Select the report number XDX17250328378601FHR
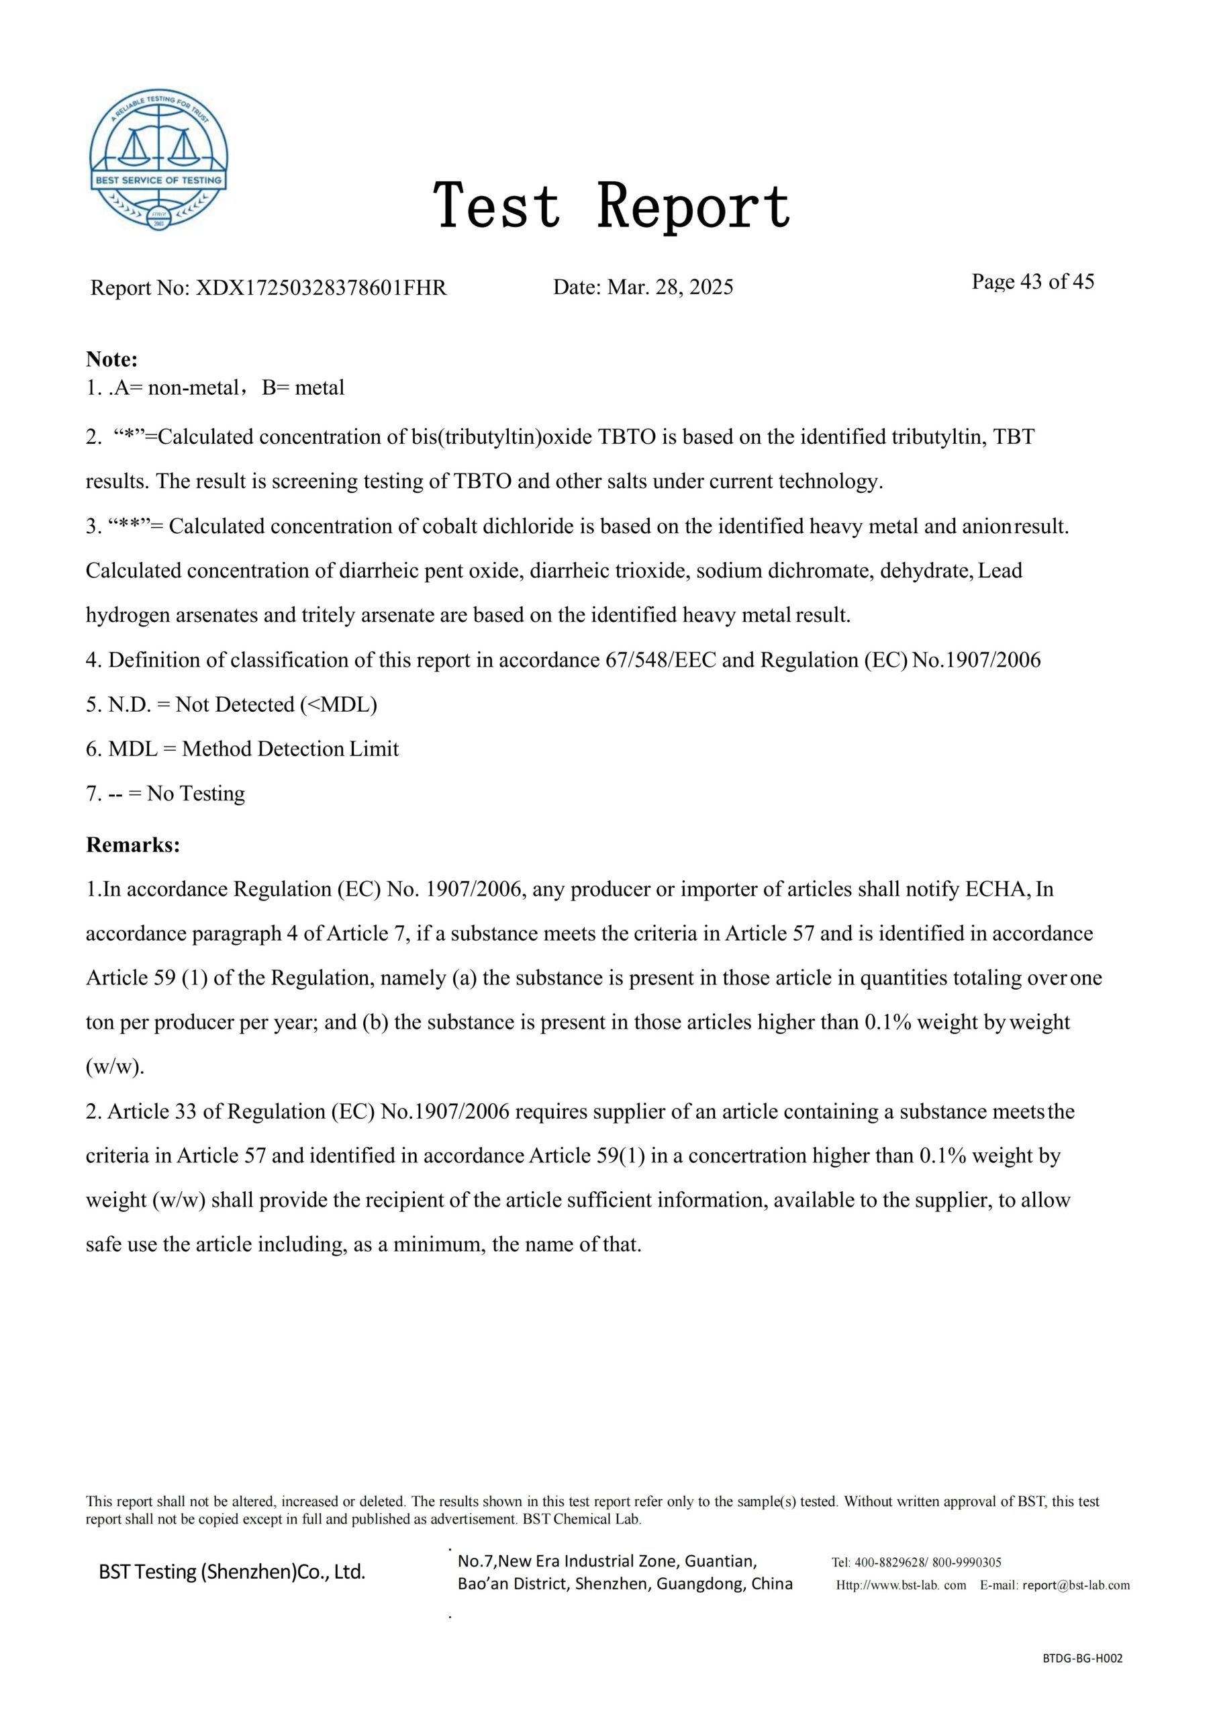(320, 287)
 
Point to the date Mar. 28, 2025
(669, 287)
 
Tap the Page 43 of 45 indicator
(1032, 281)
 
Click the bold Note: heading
(112, 359)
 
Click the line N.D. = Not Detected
(232, 704)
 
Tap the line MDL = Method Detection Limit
(242, 749)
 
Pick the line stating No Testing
(165, 794)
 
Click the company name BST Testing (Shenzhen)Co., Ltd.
(232, 1572)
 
